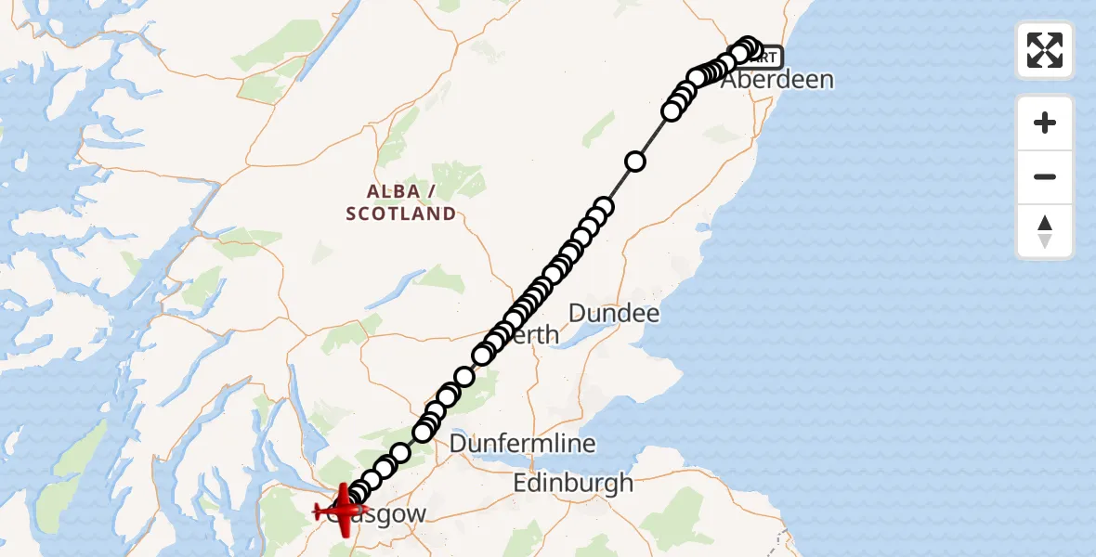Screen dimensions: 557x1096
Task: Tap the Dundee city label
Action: [x=613, y=313]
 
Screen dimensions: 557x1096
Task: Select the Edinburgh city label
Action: [x=573, y=483]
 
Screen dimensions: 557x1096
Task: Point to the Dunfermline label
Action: [x=522, y=444]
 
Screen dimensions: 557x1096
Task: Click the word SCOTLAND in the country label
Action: [x=400, y=214]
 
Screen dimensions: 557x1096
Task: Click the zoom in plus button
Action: [x=1045, y=123]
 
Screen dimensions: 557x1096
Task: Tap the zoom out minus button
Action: [x=1045, y=176]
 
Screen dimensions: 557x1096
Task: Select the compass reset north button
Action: [x=1045, y=231]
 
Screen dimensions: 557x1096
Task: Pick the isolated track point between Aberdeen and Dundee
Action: [x=635, y=162]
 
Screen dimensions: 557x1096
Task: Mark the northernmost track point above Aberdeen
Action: [x=748, y=46]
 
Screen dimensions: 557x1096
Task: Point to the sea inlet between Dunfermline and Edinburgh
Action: [x=557, y=462]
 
